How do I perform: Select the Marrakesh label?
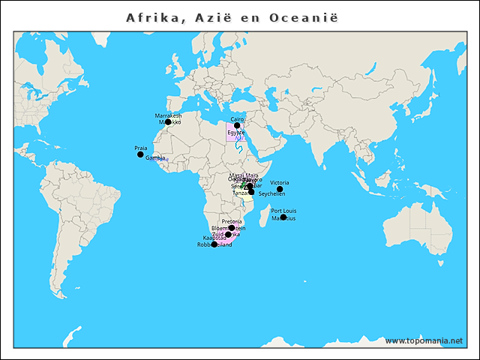[x=168, y=115]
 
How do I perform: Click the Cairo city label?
[x=237, y=119]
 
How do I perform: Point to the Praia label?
[x=140, y=148]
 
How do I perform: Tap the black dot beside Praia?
[x=140, y=155]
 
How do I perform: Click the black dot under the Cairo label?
[x=237, y=126]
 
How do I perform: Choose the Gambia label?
[x=155, y=158]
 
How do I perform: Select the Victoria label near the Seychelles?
[x=279, y=182]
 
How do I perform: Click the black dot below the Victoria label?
[x=280, y=189]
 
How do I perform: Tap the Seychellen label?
[x=271, y=193]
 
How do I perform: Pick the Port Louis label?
[x=283, y=211]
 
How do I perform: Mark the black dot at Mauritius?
[x=283, y=217]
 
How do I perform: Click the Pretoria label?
[x=232, y=221]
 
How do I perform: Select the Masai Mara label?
[x=243, y=175]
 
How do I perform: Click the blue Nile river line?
[x=238, y=146]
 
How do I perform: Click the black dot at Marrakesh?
[x=168, y=122]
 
